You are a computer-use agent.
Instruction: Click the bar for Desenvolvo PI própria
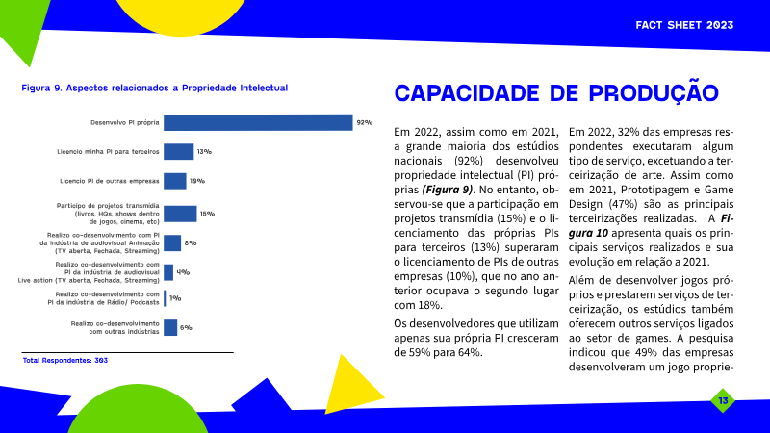258,122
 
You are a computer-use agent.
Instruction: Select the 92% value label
364,122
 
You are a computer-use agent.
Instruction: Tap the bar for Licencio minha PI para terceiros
179,151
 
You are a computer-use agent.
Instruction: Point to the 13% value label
204,151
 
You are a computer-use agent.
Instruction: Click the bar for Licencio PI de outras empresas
175,181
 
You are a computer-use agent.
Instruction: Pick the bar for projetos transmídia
180,214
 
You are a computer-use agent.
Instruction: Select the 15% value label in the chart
207,214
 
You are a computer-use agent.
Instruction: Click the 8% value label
191,242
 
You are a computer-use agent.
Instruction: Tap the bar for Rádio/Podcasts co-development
165,298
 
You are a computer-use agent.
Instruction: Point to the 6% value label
187,327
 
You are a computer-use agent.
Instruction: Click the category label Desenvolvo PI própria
125,122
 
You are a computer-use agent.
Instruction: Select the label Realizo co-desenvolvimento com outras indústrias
115,327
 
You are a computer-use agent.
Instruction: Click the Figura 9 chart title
155,88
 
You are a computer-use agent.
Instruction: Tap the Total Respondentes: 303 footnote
64,361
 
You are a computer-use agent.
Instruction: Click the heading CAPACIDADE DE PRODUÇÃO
556,93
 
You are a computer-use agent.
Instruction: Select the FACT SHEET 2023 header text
684,24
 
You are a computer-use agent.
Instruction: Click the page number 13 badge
722,399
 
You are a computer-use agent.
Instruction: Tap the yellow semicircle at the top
181,14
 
